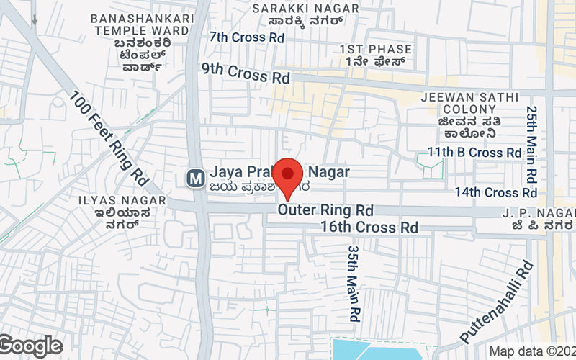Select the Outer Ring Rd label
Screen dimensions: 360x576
(325, 211)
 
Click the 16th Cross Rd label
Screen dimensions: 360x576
(369, 228)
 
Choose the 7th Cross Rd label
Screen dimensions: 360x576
(246, 37)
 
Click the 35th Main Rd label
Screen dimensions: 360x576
(353, 281)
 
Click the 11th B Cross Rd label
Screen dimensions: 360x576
(474, 153)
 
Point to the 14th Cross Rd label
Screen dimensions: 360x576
(495, 192)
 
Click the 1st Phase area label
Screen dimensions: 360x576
(376, 55)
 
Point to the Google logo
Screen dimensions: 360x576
(30, 346)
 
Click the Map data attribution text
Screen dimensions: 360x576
(531, 351)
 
